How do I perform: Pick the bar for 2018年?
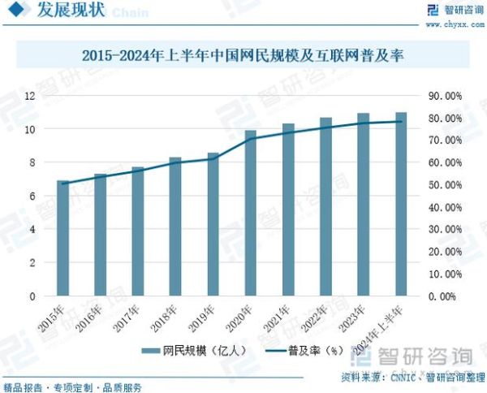pyautogui.click(x=175, y=227)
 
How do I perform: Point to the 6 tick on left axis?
pyautogui.click(x=32, y=196)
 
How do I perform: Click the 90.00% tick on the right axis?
pyautogui.click(x=444, y=96)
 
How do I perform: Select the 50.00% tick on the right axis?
pyautogui.click(x=444, y=185)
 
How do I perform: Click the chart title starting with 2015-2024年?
pyautogui.click(x=243, y=57)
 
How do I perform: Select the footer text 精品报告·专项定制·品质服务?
pyautogui.click(x=73, y=387)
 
